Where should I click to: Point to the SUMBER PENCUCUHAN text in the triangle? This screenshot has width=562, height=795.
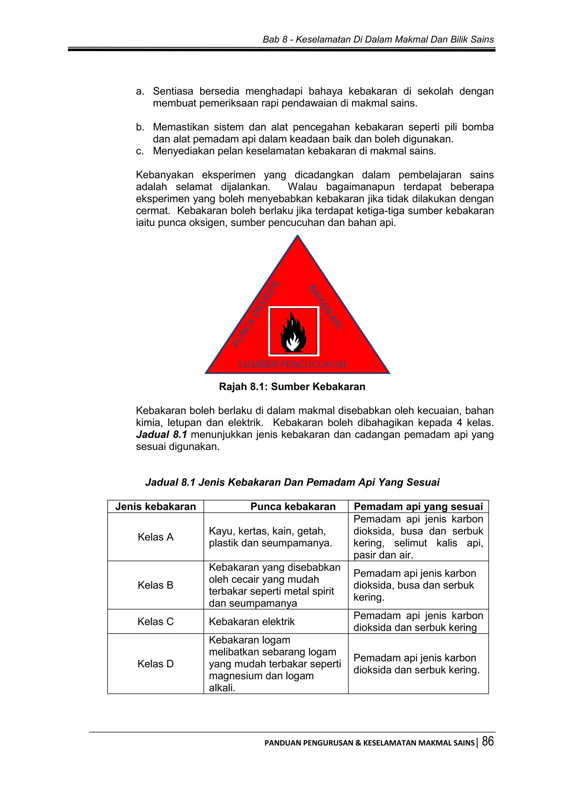pyautogui.click(x=292, y=365)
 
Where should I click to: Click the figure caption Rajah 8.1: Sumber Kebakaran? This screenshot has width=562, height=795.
pyautogui.click(x=292, y=387)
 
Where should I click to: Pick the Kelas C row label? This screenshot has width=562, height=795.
pyautogui.click(x=155, y=621)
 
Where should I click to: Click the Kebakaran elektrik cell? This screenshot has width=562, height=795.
pyautogui.click(x=252, y=622)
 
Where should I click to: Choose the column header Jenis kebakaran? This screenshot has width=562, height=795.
pyautogui.click(x=155, y=506)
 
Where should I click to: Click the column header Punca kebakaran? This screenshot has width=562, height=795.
pyautogui.click(x=293, y=506)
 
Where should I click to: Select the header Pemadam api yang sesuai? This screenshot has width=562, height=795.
pyautogui.click(x=418, y=506)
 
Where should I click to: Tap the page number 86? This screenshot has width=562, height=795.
pyautogui.click(x=488, y=741)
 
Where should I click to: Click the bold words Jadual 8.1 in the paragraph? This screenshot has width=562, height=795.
pyautogui.click(x=161, y=434)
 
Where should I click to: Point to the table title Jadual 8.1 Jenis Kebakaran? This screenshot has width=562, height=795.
pyautogui.click(x=292, y=482)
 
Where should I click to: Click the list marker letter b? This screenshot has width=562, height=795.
pyautogui.click(x=139, y=127)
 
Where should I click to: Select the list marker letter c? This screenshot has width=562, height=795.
pyautogui.click(x=139, y=151)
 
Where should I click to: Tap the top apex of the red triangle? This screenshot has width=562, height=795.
pyautogui.click(x=297, y=236)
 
